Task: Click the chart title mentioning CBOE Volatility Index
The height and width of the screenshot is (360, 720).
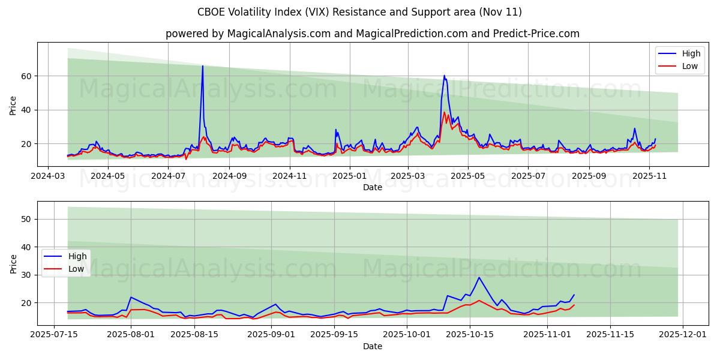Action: click(360, 12)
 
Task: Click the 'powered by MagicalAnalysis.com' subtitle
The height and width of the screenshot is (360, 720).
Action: click(372, 34)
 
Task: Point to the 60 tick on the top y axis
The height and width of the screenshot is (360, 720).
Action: click(27, 76)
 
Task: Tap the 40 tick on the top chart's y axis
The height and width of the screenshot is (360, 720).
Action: click(27, 110)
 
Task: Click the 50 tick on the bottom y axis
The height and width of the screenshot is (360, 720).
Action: click(27, 219)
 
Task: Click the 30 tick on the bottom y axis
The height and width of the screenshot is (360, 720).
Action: click(27, 275)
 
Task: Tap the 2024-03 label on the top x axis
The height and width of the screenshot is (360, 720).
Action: click(48, 176)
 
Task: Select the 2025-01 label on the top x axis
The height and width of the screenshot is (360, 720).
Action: click(349, 176)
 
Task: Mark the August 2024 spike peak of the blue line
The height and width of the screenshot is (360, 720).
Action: click(202, 66)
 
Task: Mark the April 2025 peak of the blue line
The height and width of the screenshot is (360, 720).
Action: click(444, 76)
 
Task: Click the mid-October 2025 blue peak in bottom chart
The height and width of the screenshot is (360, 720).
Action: click(478, 277)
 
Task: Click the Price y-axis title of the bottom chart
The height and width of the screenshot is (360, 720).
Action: click(13, 263)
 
